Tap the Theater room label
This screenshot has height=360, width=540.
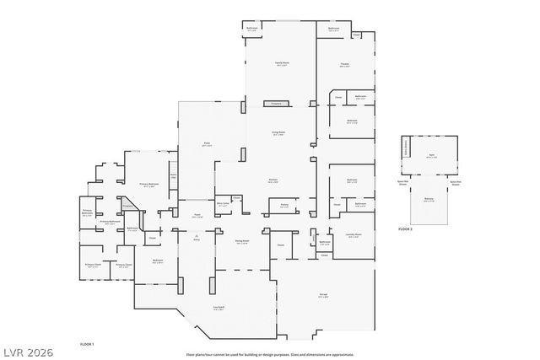click(344, 65)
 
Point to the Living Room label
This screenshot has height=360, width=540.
click(278, 133)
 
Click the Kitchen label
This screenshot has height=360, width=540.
click(273, 180)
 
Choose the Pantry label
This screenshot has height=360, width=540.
click(284, 205)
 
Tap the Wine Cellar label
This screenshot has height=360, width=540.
click(224, 203)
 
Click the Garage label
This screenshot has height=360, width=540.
click(323, 295)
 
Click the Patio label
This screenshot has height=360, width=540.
click(206, 144)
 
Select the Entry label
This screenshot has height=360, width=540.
click(197, 239)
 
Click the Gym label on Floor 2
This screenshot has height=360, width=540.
click(430, 156)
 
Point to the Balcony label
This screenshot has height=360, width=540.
click(429, 200)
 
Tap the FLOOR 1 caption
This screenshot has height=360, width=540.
click(86, 344)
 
